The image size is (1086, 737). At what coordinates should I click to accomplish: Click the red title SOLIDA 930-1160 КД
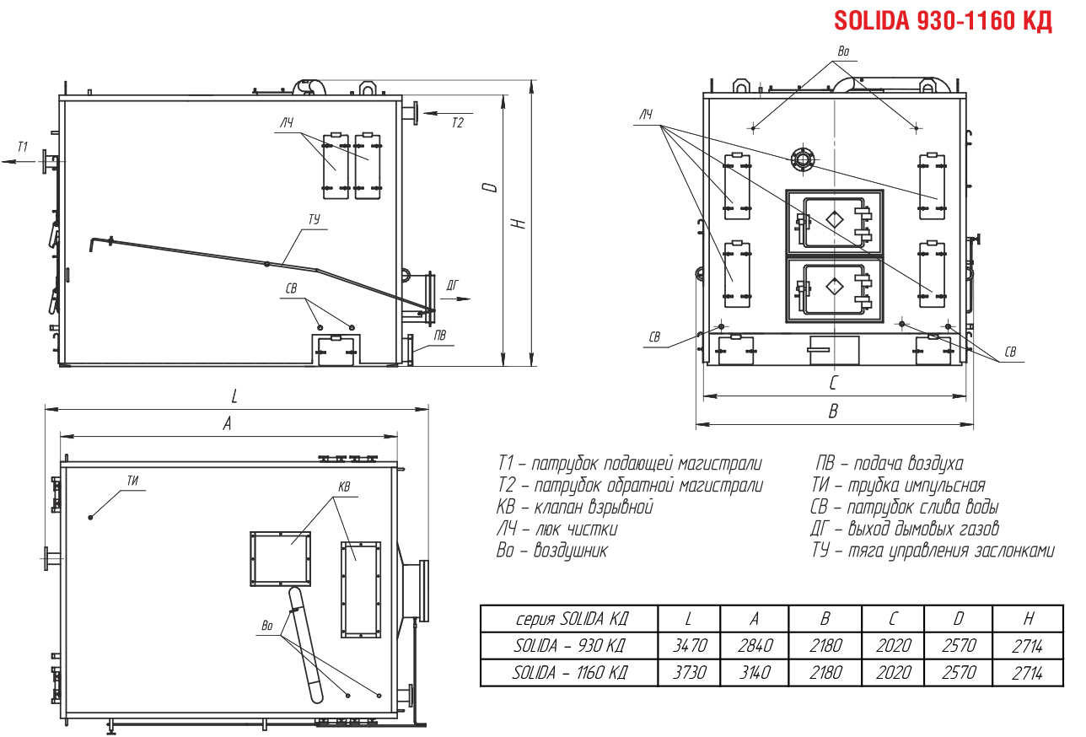click(943, 21)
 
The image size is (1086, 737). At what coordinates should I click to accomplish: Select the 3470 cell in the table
click(690, 645)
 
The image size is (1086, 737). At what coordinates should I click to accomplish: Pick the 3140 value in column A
click(755, 673)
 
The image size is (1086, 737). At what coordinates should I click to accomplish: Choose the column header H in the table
click(1028, 618)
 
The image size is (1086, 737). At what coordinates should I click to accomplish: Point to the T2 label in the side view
click(458, 122)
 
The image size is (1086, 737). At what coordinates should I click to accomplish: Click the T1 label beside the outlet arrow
click(23, 147)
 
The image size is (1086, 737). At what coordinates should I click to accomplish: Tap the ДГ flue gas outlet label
click(452, 285)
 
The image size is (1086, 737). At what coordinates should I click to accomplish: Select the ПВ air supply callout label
click(440, 335)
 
